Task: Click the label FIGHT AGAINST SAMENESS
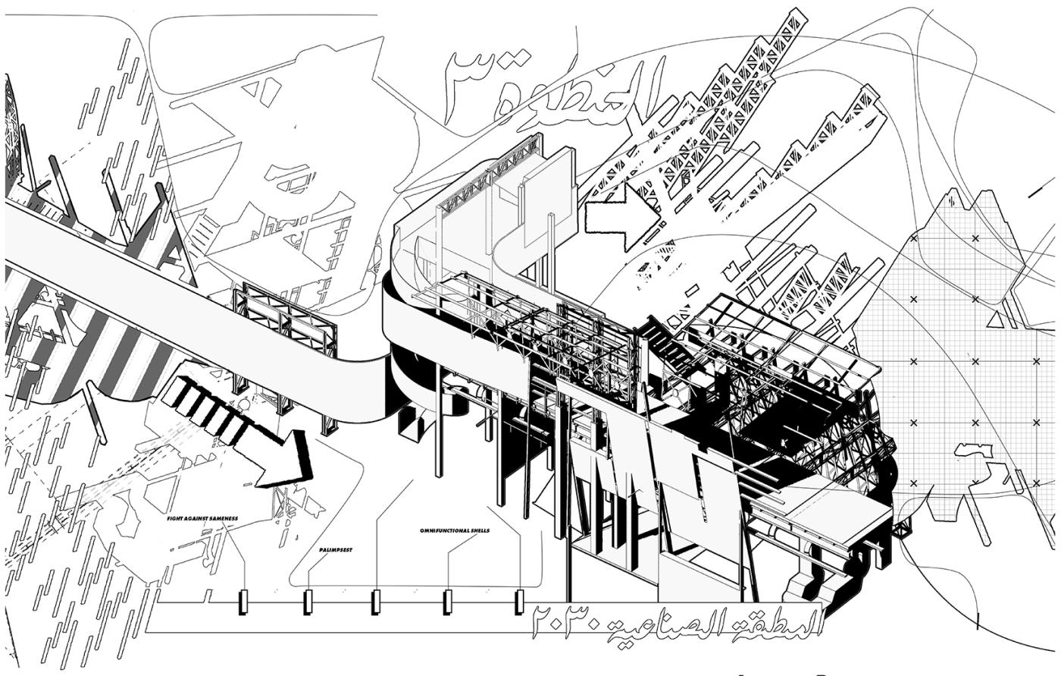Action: (x=202, y=518)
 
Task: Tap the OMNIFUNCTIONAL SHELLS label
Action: (x=454, y=530)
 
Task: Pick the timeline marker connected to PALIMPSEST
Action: (x=308, y=602)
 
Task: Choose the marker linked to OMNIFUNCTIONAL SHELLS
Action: (x=447, y=602)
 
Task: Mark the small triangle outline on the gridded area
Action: (x=993, y=320)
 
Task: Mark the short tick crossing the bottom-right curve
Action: (x=978, y=624)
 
